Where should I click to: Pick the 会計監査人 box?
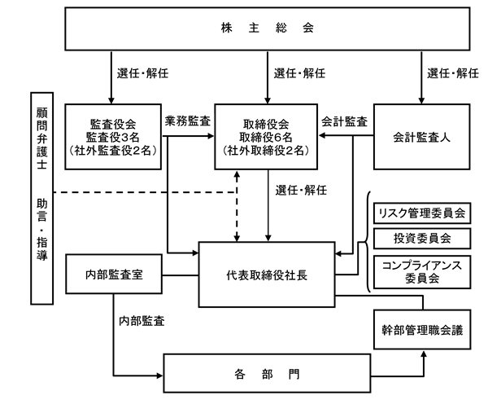tap(421, 136)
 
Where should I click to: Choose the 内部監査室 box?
tap(115, 274)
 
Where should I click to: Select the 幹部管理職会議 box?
tap(421, 331)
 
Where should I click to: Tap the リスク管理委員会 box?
tap(420, 213)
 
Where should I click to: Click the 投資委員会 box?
tap(420, 239)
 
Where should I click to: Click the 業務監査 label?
tap(188, 121)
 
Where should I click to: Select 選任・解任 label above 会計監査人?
tap(453, 72)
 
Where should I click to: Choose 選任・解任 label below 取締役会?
tap(300, 191)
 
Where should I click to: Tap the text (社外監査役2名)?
tap(115, 151)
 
